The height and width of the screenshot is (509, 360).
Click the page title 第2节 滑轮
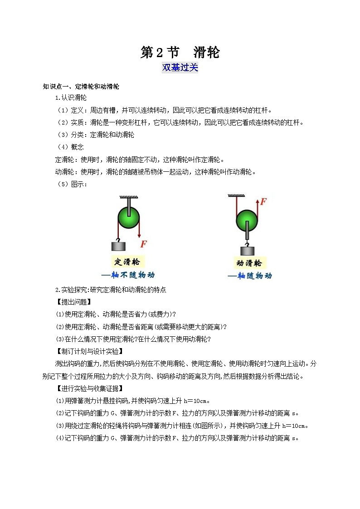coord(180,53)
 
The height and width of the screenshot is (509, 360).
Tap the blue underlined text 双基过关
coord(180,68)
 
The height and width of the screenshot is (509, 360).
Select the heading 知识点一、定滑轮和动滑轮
coord(81,87)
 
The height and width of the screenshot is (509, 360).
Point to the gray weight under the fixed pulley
coord(118,246)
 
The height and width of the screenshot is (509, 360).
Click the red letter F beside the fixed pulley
coord(143,244)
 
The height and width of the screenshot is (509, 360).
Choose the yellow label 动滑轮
coord(249,263)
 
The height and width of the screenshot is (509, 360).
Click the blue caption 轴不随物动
coord(127,275)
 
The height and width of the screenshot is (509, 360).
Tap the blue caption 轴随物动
coord(250,276)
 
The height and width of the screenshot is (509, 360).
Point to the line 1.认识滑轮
coord(71,97)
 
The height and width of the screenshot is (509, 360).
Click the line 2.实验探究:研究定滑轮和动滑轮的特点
coord(110,290)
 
